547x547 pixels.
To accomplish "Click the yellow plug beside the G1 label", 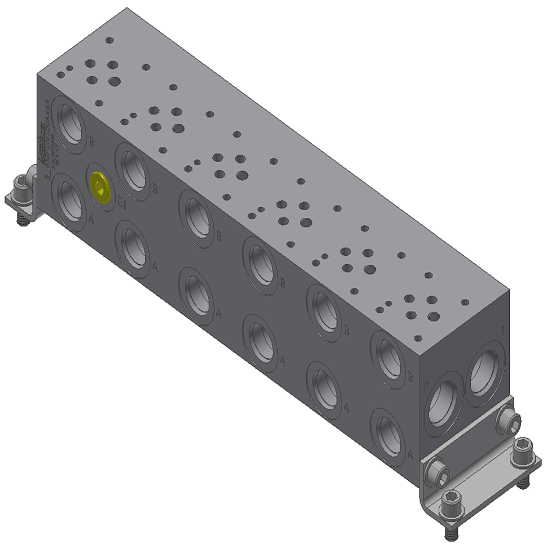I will pos(100,185).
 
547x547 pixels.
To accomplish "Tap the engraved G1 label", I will pos(121,205).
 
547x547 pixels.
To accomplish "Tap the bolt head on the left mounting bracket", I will pos(21,183).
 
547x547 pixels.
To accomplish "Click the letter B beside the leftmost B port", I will pos(91,141).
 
